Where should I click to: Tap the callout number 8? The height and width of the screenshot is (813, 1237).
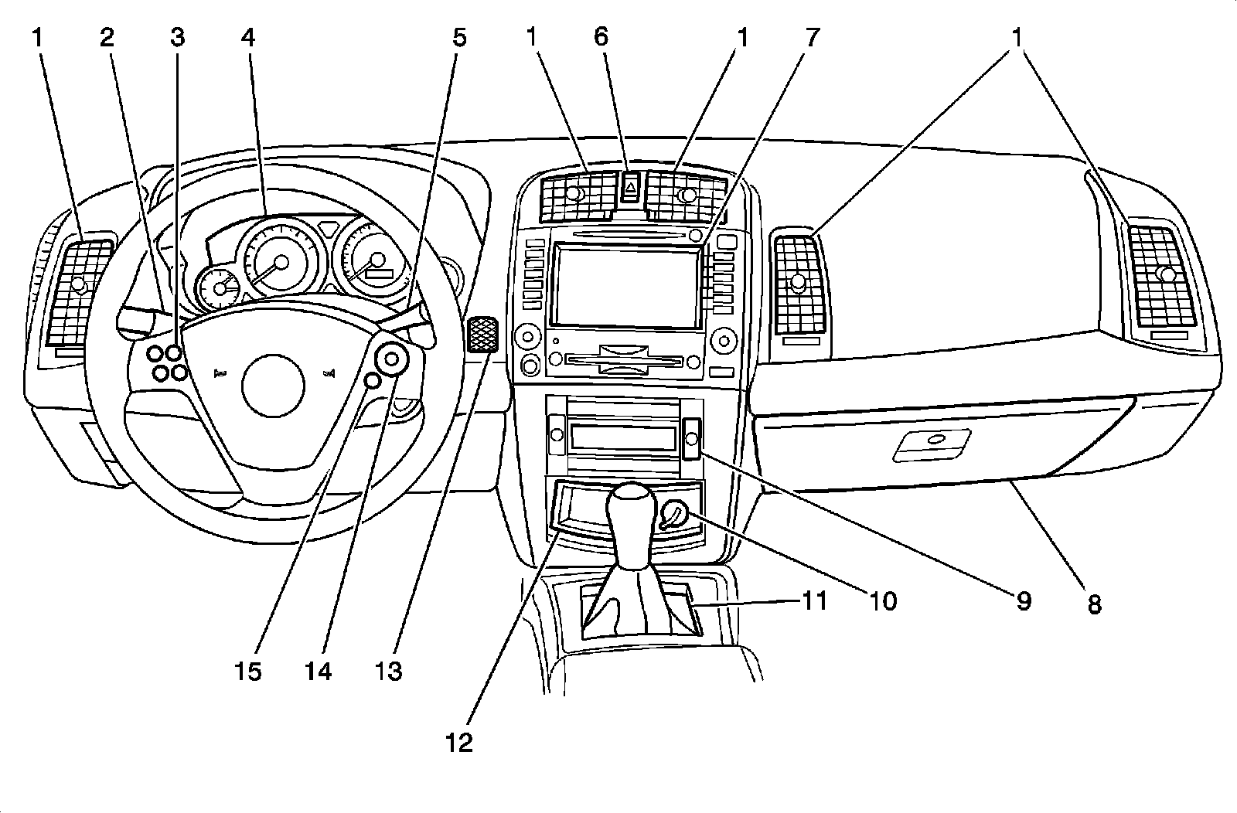click(1094, 604)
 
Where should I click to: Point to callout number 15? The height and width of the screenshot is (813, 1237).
click(249, 672)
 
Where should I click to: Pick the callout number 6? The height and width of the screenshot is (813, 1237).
click(601, 36)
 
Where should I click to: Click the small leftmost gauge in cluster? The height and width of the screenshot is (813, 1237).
click(220, 289)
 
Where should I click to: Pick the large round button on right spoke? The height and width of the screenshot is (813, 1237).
click(393, 359)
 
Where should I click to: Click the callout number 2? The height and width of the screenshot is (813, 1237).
click(107, 36)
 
